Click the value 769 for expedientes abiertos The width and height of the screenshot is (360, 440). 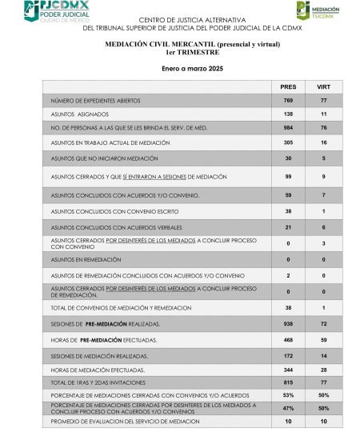(288, 101)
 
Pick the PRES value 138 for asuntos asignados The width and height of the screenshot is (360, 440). (288, 114)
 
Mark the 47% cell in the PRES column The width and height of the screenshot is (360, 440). (288, 407)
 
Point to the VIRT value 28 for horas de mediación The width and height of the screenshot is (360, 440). (323, 370)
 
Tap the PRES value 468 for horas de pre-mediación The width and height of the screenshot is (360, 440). (288, 339)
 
